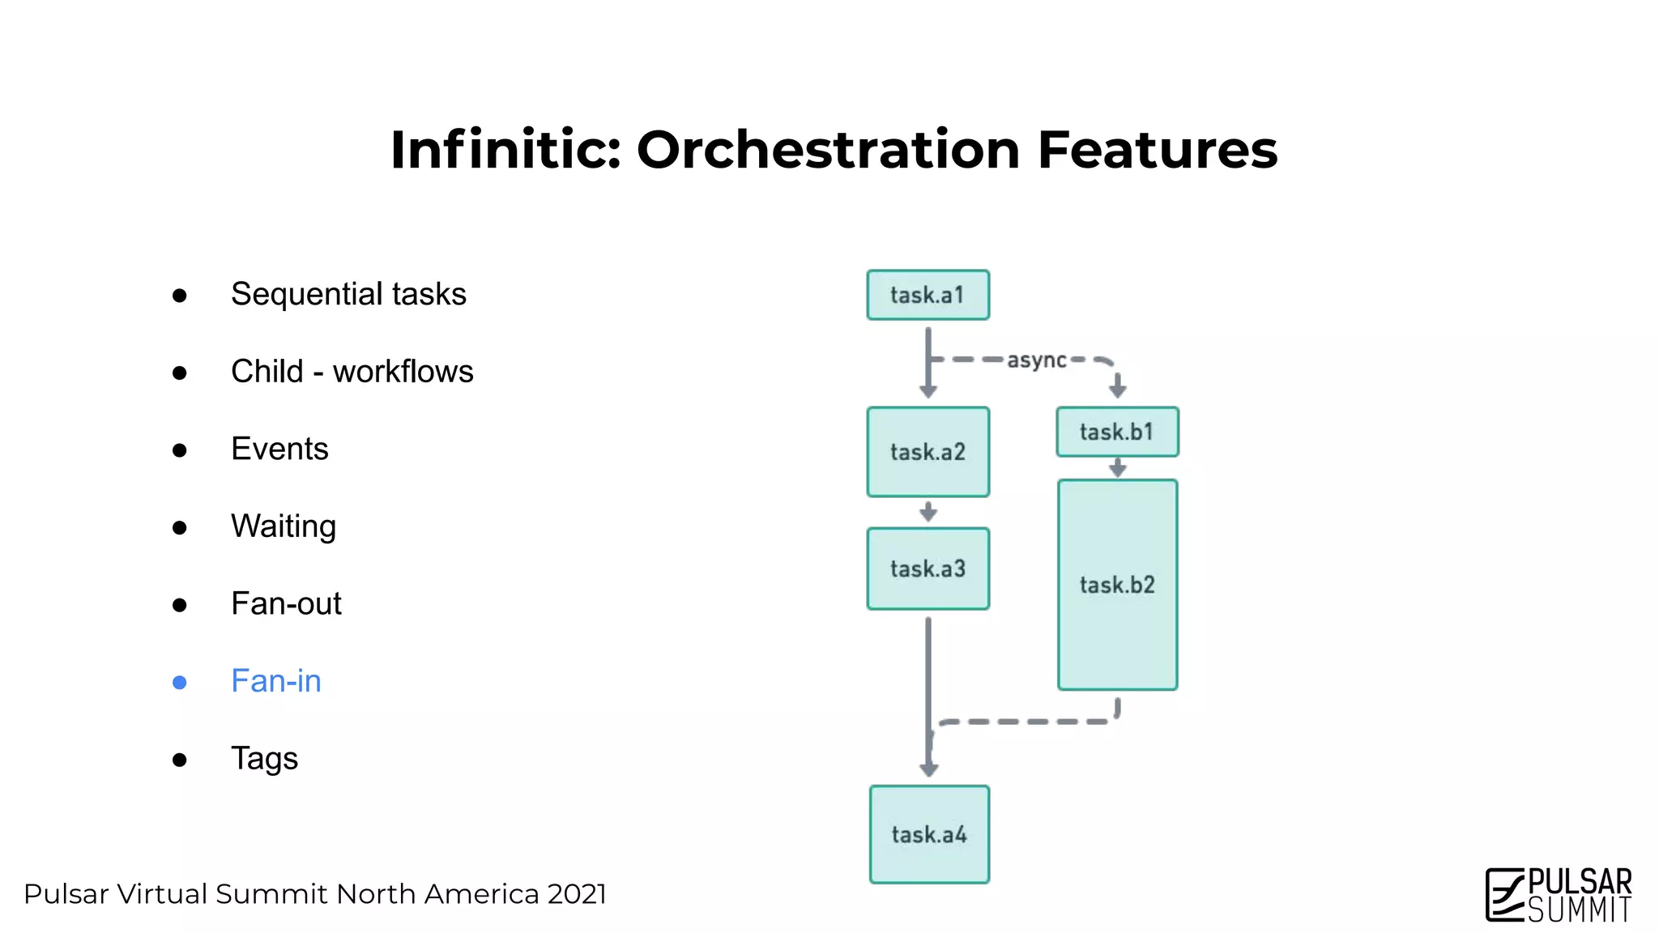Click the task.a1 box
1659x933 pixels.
click(928, 295)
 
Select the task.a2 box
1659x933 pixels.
click(928, 452)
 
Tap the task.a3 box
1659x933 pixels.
click(928, 569)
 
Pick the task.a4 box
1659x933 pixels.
click(929, 834)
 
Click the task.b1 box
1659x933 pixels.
click(1117, 432)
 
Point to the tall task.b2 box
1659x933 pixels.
click(1117, 585)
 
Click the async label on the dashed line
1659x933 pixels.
click(1036, 360)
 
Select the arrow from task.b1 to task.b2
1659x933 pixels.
click(1117, 467)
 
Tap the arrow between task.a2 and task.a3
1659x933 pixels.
click(928, 512)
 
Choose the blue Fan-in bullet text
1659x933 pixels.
click(276, 681)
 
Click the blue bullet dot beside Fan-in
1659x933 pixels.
click(180, 683)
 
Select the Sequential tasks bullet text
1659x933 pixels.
click(348, 294)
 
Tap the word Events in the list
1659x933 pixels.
click(279, 449)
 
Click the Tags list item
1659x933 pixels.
click(264, 759)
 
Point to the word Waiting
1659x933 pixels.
click(283, 526)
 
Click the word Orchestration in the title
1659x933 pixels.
click(827, 150)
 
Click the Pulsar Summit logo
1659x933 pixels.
click(1558, 894)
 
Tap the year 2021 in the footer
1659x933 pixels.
click(577, 894)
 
